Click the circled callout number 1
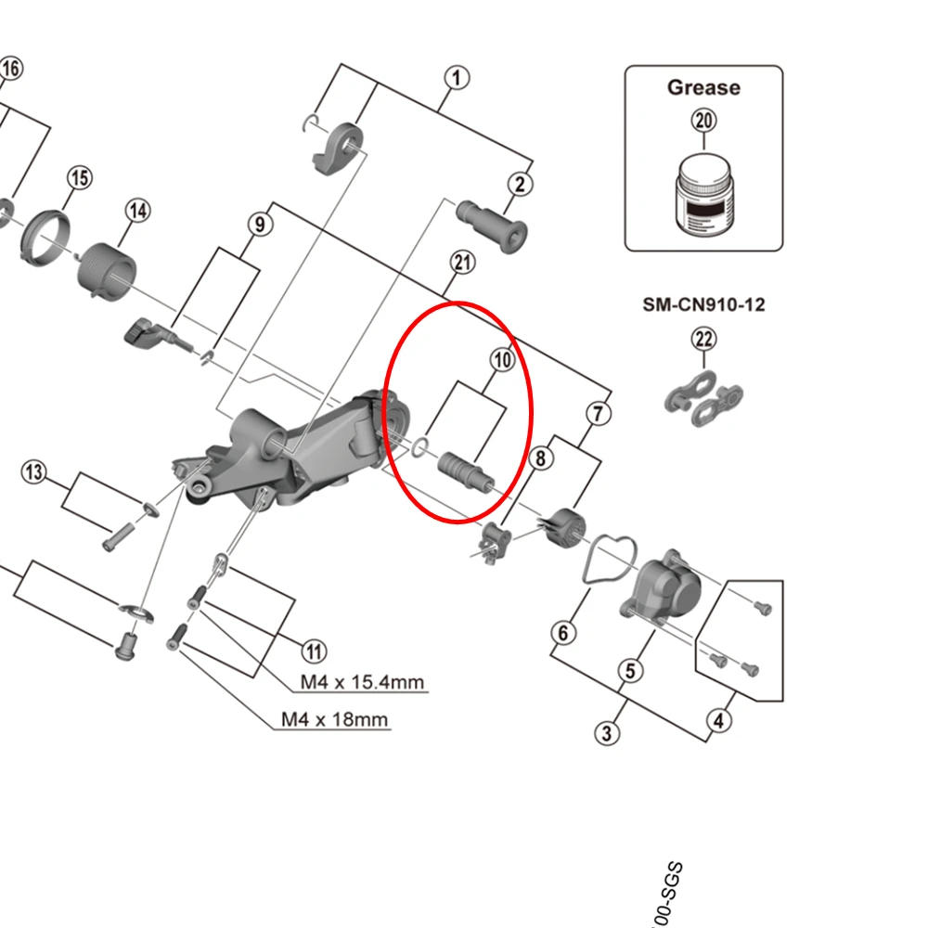456,79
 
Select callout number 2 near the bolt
521,184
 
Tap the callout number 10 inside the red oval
501,360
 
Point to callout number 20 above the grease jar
703,121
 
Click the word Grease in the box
703,88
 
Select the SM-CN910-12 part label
703,304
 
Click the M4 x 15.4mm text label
362,683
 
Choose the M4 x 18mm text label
335,719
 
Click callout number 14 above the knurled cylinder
137,211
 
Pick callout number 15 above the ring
79,177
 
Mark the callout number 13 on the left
33,472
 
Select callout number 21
462,263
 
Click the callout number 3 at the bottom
605,733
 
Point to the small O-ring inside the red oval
420,447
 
